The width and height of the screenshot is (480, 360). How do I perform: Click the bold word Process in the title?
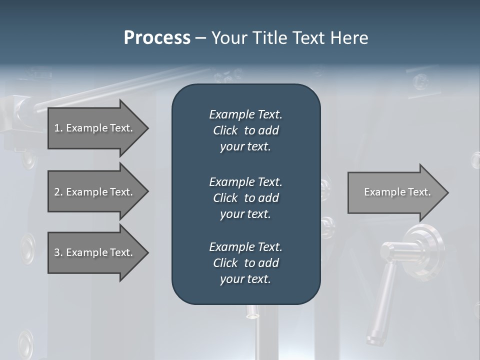[157, 38]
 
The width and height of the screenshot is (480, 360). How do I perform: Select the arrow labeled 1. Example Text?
[94, 128]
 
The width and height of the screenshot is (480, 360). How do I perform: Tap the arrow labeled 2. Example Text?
[94, 192]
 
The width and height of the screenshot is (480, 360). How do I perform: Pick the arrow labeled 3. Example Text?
[94, 252]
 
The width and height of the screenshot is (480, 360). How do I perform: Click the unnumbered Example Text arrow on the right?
[397, 192]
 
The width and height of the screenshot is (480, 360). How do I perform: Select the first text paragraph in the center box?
[245, 130]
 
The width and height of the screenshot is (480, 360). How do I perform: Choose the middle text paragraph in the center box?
[245, 198]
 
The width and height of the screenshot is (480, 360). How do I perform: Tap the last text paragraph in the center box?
[245, 263]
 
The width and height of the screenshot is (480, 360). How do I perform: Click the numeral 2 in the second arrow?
[57, 192]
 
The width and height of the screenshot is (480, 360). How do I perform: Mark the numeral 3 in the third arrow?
[57, 252]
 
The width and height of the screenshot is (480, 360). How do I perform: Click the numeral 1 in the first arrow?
[57, 128]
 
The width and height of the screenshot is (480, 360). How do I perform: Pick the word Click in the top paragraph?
[225, 130]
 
